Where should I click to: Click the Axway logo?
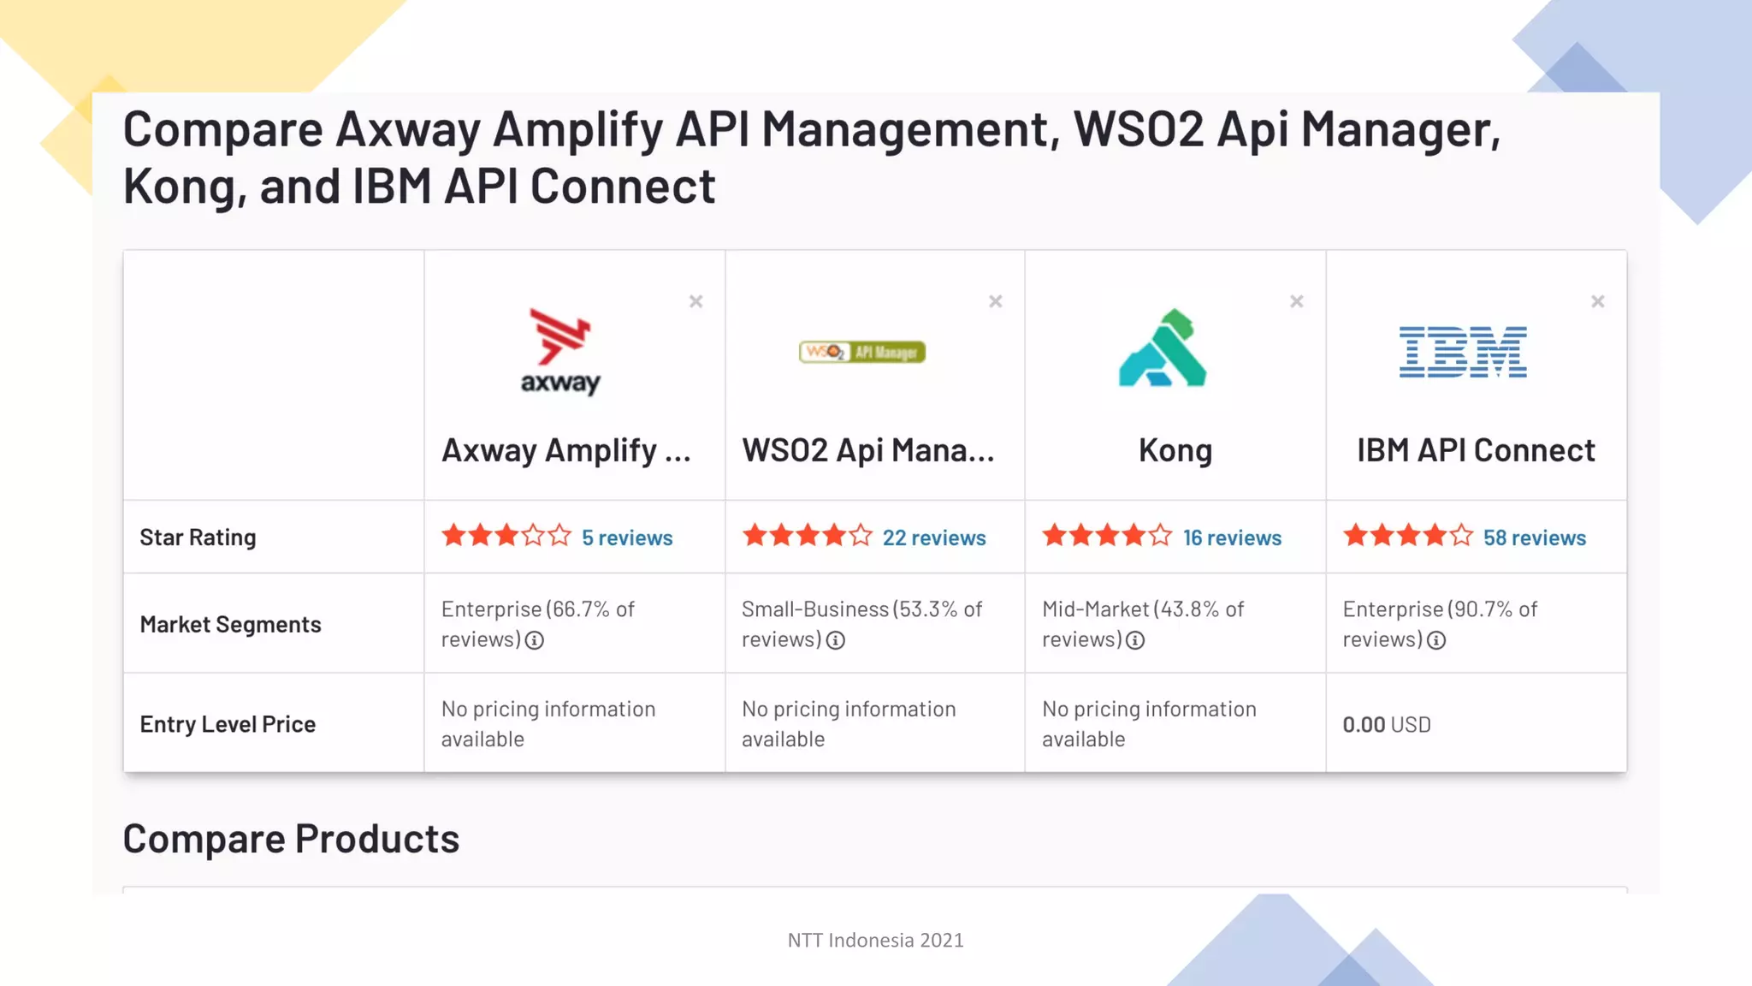pos(560,351)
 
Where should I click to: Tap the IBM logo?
pos(1463,351)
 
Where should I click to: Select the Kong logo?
pos(1163,347)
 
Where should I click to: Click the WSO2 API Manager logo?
pos(862,352)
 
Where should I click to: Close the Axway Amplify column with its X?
pos(696,301)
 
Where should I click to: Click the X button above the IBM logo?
pos(1598,301)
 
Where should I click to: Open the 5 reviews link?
pos(627,538)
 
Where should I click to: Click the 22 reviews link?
pos(934,538)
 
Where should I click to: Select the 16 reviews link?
pos(1232,538)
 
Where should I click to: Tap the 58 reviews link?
pos(1535,538)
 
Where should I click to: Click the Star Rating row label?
pos(198,538)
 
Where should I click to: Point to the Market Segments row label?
pos(230,625)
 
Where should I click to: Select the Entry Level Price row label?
pos(228,724)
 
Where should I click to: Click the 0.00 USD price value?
pos(1386,725)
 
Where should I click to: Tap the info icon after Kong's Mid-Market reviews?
pos(1135,640)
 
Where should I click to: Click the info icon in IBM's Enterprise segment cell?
pos(1436,640)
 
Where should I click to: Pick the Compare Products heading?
pos(291,839)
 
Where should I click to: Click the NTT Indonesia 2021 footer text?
pos(875,940)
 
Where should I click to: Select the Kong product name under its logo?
pos(1175,450)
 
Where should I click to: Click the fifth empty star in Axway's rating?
pos(560,536)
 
